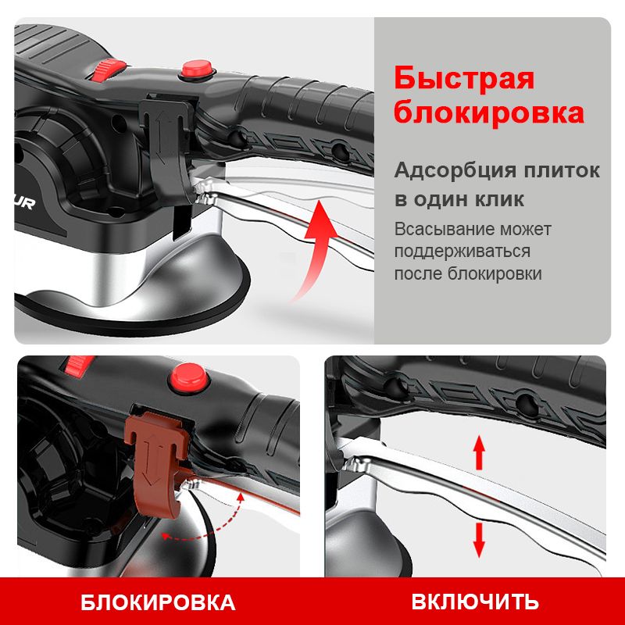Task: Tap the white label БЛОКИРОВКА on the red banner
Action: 158,602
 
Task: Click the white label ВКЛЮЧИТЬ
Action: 475,602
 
